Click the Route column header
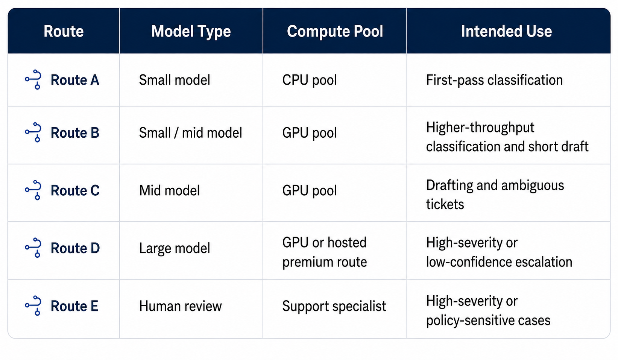coord(64,31)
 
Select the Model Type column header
coord(191,31)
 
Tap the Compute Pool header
coord(335,31)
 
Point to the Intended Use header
coord(507,31)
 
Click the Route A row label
coord(75,80)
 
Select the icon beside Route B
coord(33,132)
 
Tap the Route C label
coord(75,190)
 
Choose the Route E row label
coord(74,306)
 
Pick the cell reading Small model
coord(175,80)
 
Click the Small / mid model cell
coord(190,133)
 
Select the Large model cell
coord(175,248)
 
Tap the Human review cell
coord(181,306)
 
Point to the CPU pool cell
coord(309,80)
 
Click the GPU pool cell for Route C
coord(309,190)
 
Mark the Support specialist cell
coord(334,306)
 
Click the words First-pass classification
coord(494,80)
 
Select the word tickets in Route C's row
coord(445,204)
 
